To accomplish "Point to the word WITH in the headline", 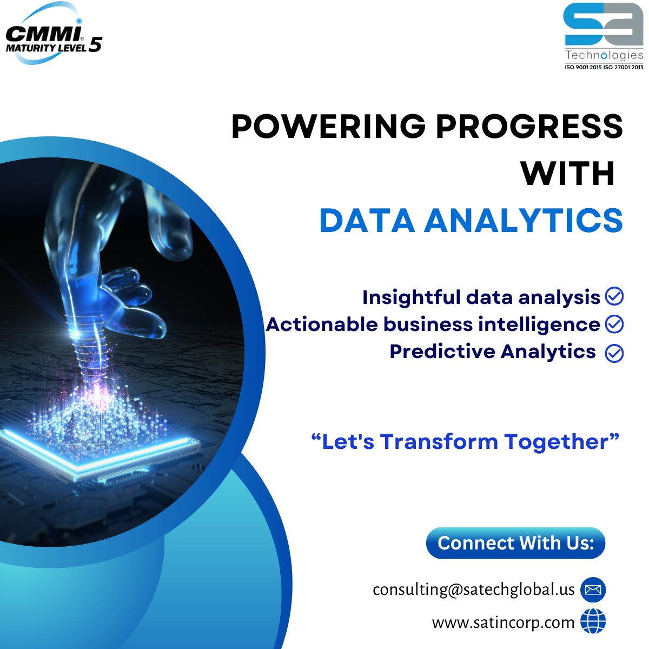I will pyautogui.click(x=567, y=174).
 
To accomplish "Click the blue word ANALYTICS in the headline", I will pyautogui.click(x=523, y=221).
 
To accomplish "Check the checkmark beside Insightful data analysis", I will pyautogui.click(x=614, y=296).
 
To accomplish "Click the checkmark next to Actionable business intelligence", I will pyautogui.click(x=614, y=324).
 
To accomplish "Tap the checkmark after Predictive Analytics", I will pyautogui.click(x=614, y=353).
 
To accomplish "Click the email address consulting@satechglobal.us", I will pyautogui.click(x=473, y=590).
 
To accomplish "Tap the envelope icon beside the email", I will pyautogui.click(x=593, y=590).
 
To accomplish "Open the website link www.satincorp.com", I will pyautogui.click(x=503, y=622).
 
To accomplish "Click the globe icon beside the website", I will pyautogui.click(x=593, y=622).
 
